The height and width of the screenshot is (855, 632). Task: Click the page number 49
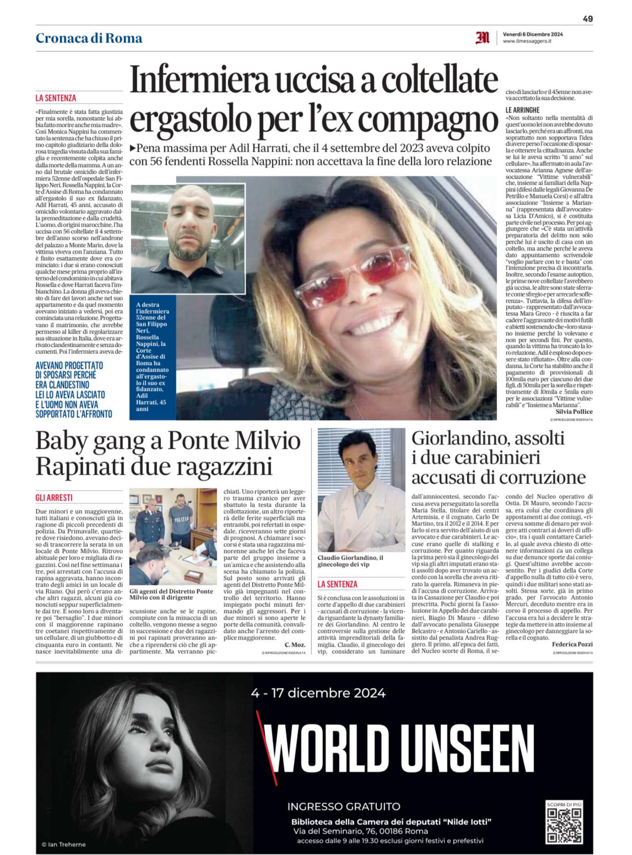587,18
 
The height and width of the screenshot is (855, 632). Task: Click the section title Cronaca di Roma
89,38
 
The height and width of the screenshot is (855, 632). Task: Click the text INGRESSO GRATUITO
344,806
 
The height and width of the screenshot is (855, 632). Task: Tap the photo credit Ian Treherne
64,844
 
